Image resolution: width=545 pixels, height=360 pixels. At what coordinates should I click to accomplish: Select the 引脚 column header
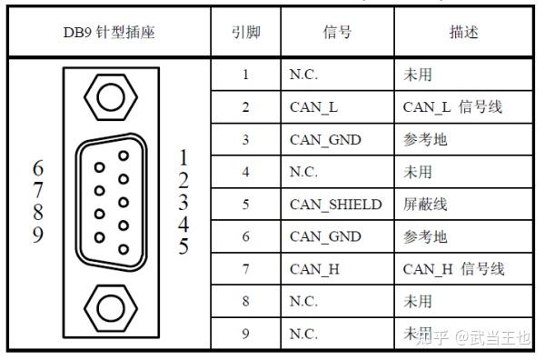245,33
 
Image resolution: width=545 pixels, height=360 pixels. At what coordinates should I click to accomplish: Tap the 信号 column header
337,33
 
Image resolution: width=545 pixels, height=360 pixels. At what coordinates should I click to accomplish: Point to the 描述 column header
463,33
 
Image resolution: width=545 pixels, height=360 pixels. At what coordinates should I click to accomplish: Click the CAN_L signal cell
313,107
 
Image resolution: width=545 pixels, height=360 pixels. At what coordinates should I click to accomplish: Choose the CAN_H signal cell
314,269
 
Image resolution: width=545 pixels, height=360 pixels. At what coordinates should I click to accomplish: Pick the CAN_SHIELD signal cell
335,205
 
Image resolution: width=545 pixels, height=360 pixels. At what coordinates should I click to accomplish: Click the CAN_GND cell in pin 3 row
325,140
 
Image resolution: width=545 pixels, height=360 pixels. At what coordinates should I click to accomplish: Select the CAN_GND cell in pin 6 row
325,236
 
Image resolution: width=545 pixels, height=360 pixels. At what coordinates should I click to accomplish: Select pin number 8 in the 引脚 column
245,301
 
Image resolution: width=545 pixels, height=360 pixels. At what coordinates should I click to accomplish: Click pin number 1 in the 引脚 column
245,75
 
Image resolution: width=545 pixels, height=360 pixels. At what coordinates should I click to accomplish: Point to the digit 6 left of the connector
37,169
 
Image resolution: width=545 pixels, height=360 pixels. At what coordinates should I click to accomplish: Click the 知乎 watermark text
431,338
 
